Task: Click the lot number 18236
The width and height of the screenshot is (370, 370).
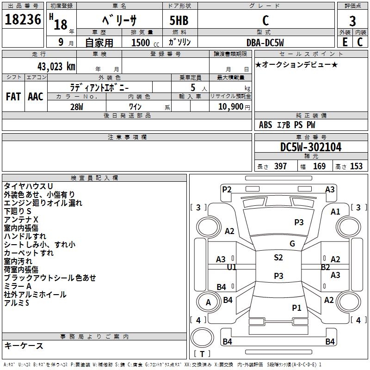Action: click(23, 20)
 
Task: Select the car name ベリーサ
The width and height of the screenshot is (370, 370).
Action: click(119, 21)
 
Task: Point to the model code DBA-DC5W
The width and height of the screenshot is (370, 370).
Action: click(265, 42)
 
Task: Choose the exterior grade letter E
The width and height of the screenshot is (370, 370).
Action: click(345, 42)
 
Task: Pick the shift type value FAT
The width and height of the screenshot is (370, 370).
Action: click(13, 97)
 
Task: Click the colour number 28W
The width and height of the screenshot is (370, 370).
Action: click(77, 107)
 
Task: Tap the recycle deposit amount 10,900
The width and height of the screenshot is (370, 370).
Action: click(229, 107)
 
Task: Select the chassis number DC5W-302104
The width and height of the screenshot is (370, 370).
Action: click(311, 148)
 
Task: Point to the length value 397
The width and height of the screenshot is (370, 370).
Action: click(280, 166)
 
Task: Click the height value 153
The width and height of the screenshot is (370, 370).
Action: click(356, 166)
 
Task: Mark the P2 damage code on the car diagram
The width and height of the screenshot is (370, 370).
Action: click(227, 189)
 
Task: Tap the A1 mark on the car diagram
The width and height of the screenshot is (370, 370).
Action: click(335, 211)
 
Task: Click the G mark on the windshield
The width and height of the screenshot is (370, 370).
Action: click(292, 244)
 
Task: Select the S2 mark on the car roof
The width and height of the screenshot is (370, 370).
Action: click(278, 258)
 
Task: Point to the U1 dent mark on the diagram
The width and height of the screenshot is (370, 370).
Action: click(232, 267)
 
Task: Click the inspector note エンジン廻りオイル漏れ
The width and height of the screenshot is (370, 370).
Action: click(43, 203)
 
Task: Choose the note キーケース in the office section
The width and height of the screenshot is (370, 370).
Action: click(24, 346)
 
